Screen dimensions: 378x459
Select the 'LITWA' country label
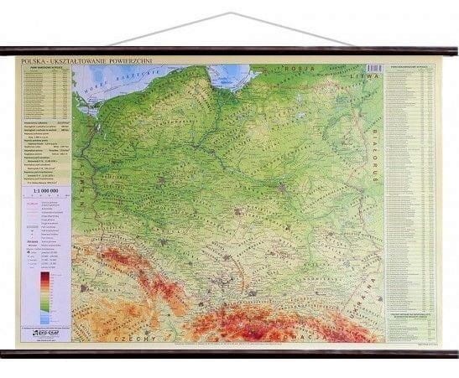click(x=370, y=75)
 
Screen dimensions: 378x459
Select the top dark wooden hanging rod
click(x=229, y=51)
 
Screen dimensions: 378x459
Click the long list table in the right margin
click(x=411, y=193)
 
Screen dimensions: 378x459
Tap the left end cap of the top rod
click(x=3, y=51)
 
